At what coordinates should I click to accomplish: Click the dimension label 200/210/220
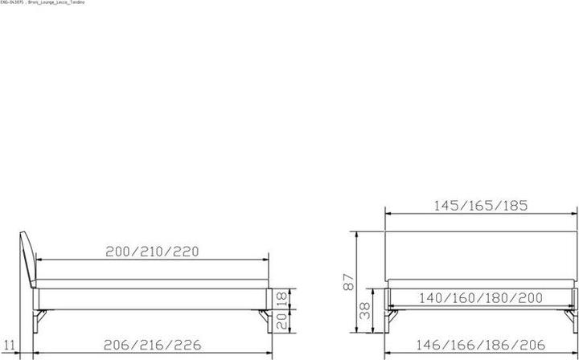(x=153, y=252)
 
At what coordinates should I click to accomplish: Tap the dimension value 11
(x=9, y=346)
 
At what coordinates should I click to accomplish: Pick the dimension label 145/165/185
(x=481, y=205)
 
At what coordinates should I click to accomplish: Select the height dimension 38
(x=364, y=310)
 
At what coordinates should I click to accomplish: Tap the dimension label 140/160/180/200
(x=482, y=298)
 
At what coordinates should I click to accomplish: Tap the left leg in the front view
(x=390, y=317)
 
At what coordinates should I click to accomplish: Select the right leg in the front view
(x=573, y=317)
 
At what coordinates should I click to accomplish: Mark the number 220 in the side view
(x=184, y=252)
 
